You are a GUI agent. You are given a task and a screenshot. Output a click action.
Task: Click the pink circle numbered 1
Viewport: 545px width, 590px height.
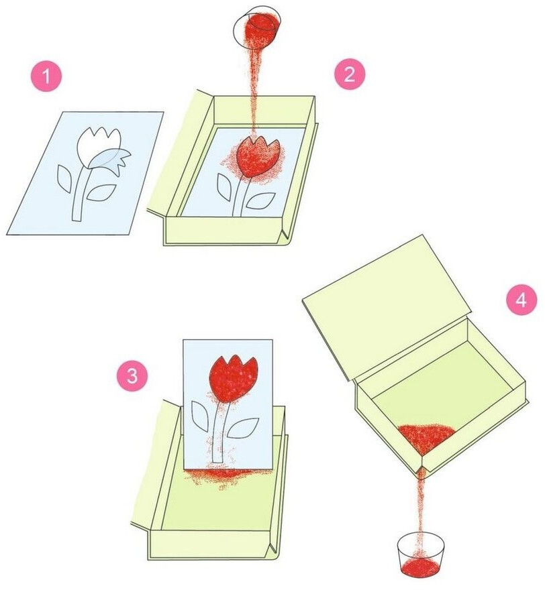pyautogui.click(x=46, y=76)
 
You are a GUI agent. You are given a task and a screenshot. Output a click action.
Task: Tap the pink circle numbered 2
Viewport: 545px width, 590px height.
pyautogui.click(x=350, y=74)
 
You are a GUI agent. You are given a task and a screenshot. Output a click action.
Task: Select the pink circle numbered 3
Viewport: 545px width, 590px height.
pyautogui.click(x=132, y=375)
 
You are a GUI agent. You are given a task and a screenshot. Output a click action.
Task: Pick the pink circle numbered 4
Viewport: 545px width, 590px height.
pyautogui.click(x=522, y=300)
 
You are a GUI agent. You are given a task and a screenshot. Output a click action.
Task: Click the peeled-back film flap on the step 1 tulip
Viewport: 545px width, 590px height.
pyautogui.click(x=111, y=160)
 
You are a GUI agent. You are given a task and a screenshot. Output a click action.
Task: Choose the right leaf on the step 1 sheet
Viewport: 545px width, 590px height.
pyautogui.click(x=101, y=192)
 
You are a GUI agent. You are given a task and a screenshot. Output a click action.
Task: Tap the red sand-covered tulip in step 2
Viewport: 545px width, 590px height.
pyautogui.click(x=258, y=156)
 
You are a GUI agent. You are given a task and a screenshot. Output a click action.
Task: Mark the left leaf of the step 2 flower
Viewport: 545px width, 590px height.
pyautogui.click(x=224, y=187)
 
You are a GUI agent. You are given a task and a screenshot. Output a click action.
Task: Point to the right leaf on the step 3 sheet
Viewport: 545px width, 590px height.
pyautogui.click(x=242, y=428)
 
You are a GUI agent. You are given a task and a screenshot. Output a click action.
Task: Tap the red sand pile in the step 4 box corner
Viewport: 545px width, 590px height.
pyautogui.click(x=426, y=438)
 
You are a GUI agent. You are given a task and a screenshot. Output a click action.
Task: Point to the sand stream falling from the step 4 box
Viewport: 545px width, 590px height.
pyautogui.click(x=421, y=500)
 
